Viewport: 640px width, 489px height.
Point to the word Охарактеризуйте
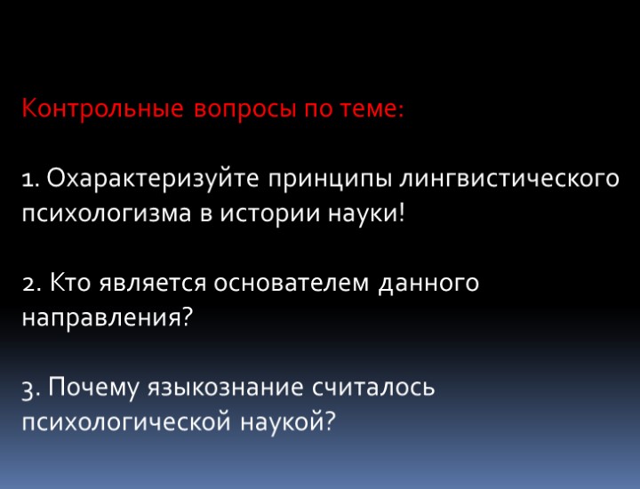pos(151,179)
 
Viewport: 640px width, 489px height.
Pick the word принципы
pos(330,179)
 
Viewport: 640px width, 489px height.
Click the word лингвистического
pos(509,179)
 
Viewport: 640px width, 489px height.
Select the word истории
pos(276,214)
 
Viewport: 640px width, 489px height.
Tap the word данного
pos(430,284)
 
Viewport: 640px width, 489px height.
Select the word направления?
pos(107,317)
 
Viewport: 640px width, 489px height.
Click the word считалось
pos(373,388)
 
